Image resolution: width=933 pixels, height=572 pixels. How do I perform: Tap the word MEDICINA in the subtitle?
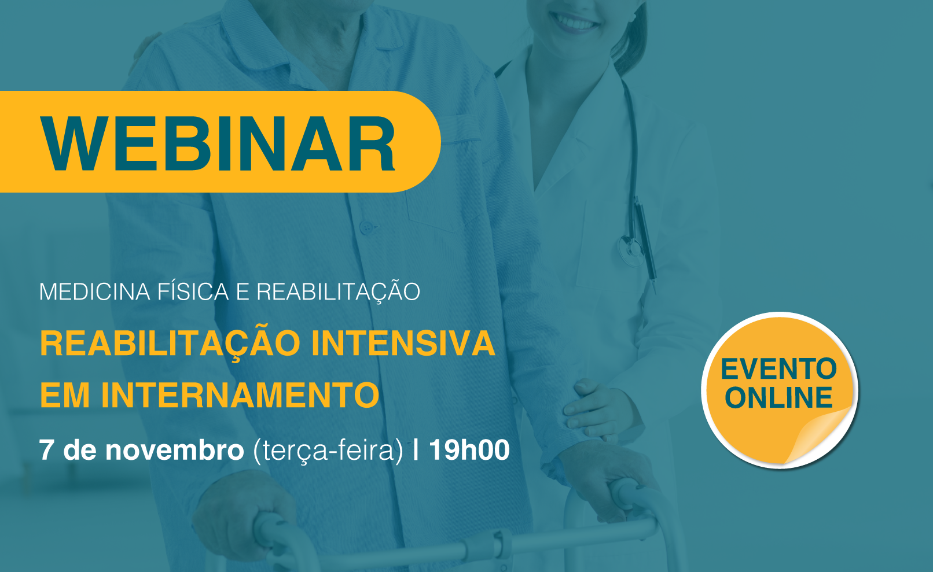tap(94, 292)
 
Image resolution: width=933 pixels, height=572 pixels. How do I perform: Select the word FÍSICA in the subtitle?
tap(193, 291)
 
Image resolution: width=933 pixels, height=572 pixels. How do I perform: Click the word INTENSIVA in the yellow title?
tap(403, 343)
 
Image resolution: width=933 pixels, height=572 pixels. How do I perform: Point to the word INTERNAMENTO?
tap(240, 394)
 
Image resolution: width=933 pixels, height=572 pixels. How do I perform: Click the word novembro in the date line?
tap(175, 450)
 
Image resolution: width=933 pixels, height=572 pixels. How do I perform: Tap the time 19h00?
tap(469, 449)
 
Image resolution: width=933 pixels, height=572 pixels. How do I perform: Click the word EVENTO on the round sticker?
tap(778, 369)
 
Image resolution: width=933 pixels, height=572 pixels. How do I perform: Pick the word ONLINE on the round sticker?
tap(778, 397)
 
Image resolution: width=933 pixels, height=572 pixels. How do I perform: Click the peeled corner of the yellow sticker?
tap(818, 435)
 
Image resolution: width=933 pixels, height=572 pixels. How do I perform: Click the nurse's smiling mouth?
tap(575, 20)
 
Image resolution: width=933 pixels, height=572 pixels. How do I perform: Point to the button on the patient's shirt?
tap(367, 227)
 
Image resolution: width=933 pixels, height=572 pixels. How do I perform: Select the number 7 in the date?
tap(46, 450)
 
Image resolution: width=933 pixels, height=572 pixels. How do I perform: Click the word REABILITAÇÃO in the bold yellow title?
tap(170, 344)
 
